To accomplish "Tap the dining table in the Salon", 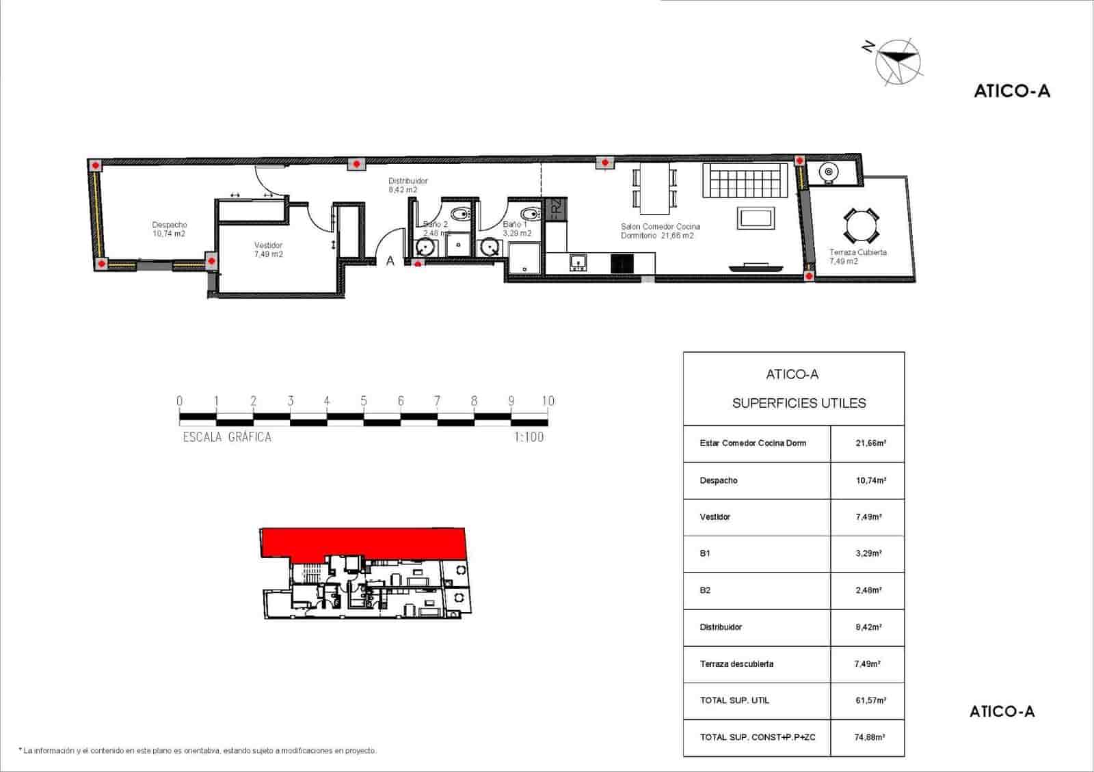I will tap(655, 187).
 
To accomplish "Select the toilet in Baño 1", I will tap(530, 212).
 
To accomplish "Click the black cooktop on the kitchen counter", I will tap(622, 263).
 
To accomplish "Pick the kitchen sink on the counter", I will tap(579, 262).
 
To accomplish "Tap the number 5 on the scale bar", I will tap(364, 401).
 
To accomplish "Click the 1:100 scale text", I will tap(529, 437).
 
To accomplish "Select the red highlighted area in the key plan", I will tap(362, 542).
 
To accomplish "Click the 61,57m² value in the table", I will tap(870, 700).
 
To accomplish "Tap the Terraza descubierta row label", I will tap(736, 663).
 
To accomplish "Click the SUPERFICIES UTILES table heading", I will tap(799, 403).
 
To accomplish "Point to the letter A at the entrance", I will tap(390, 261).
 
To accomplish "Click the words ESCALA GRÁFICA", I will tap(227, 437).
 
